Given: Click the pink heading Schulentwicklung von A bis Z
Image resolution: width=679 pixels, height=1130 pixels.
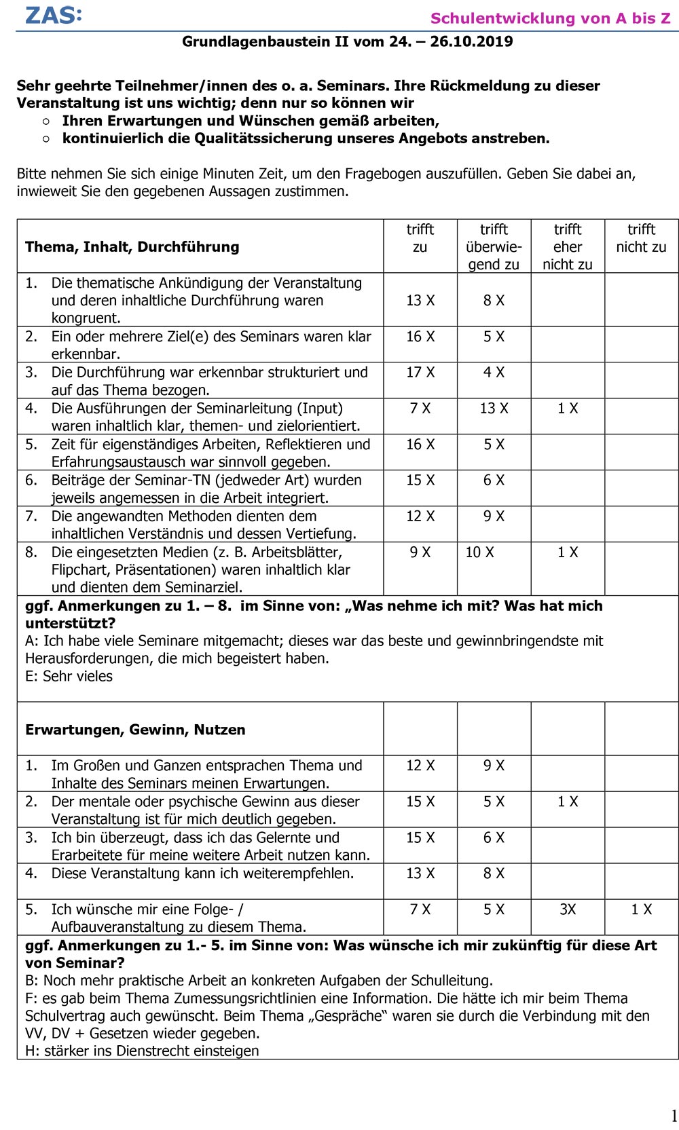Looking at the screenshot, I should pos(550,18).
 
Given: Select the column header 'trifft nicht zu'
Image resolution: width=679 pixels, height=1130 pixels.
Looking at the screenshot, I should pos(641,238).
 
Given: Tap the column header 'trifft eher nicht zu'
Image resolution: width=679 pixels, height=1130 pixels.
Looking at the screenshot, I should pos(567,247).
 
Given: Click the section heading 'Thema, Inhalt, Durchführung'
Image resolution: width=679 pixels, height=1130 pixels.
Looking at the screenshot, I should pos(132,247).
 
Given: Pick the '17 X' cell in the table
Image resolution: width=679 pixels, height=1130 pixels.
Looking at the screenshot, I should pos(420,373).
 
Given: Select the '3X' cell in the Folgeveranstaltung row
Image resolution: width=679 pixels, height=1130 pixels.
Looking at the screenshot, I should pos(568,909).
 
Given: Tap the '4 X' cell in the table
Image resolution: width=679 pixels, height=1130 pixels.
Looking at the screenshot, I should pos(494,373).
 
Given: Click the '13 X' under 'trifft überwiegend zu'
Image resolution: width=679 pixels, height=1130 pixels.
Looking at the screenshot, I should pos(494,409).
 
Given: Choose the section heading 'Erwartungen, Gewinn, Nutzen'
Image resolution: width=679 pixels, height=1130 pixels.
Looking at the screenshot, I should pos(135,730).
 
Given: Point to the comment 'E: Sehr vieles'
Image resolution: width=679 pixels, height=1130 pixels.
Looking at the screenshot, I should pos(69,676).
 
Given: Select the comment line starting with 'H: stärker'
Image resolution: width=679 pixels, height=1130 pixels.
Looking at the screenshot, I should pos(142,1051).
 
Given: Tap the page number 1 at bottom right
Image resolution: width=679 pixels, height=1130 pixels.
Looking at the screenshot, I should pos(674,1116).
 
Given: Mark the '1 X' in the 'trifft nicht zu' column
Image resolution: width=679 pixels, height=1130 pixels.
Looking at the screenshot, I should pos(641,909).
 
